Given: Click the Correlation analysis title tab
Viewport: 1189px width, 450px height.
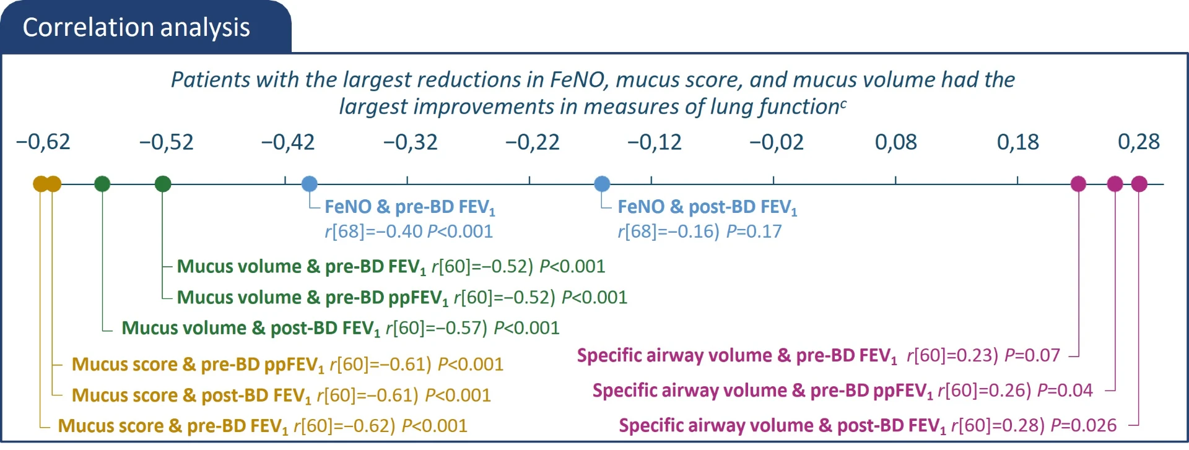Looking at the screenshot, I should pos(137,27).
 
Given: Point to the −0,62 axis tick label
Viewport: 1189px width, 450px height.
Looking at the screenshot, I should pos(43,142).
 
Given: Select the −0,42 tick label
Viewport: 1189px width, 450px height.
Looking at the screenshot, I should pos(288,142).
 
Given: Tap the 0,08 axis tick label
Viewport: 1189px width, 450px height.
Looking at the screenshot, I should pos(895,142).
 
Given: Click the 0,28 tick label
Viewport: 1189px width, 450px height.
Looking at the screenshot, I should pos(1138,142).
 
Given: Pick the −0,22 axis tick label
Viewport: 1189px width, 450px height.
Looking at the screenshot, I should pos(533,142).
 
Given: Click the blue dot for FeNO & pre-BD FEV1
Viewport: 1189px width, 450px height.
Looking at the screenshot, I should pos(310,184).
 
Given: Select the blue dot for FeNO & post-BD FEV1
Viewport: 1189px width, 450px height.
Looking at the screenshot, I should pos(602,184).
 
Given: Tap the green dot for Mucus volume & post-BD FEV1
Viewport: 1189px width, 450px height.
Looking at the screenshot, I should pos(102,184).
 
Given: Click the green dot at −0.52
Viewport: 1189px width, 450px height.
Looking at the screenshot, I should pos(163,184).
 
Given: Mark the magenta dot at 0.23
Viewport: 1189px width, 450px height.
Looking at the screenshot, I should pos(1078,184).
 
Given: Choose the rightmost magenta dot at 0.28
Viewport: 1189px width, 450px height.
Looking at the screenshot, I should pos(1139,184).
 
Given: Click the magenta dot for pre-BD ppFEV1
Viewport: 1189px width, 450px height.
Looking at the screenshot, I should pos(1115,184).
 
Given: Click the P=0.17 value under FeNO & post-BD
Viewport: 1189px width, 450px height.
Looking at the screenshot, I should pos(754,231).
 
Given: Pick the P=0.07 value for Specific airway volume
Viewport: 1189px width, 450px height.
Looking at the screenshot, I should pos(1032,355).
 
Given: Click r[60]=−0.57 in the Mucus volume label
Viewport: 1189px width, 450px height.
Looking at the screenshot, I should pos(436,328).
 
